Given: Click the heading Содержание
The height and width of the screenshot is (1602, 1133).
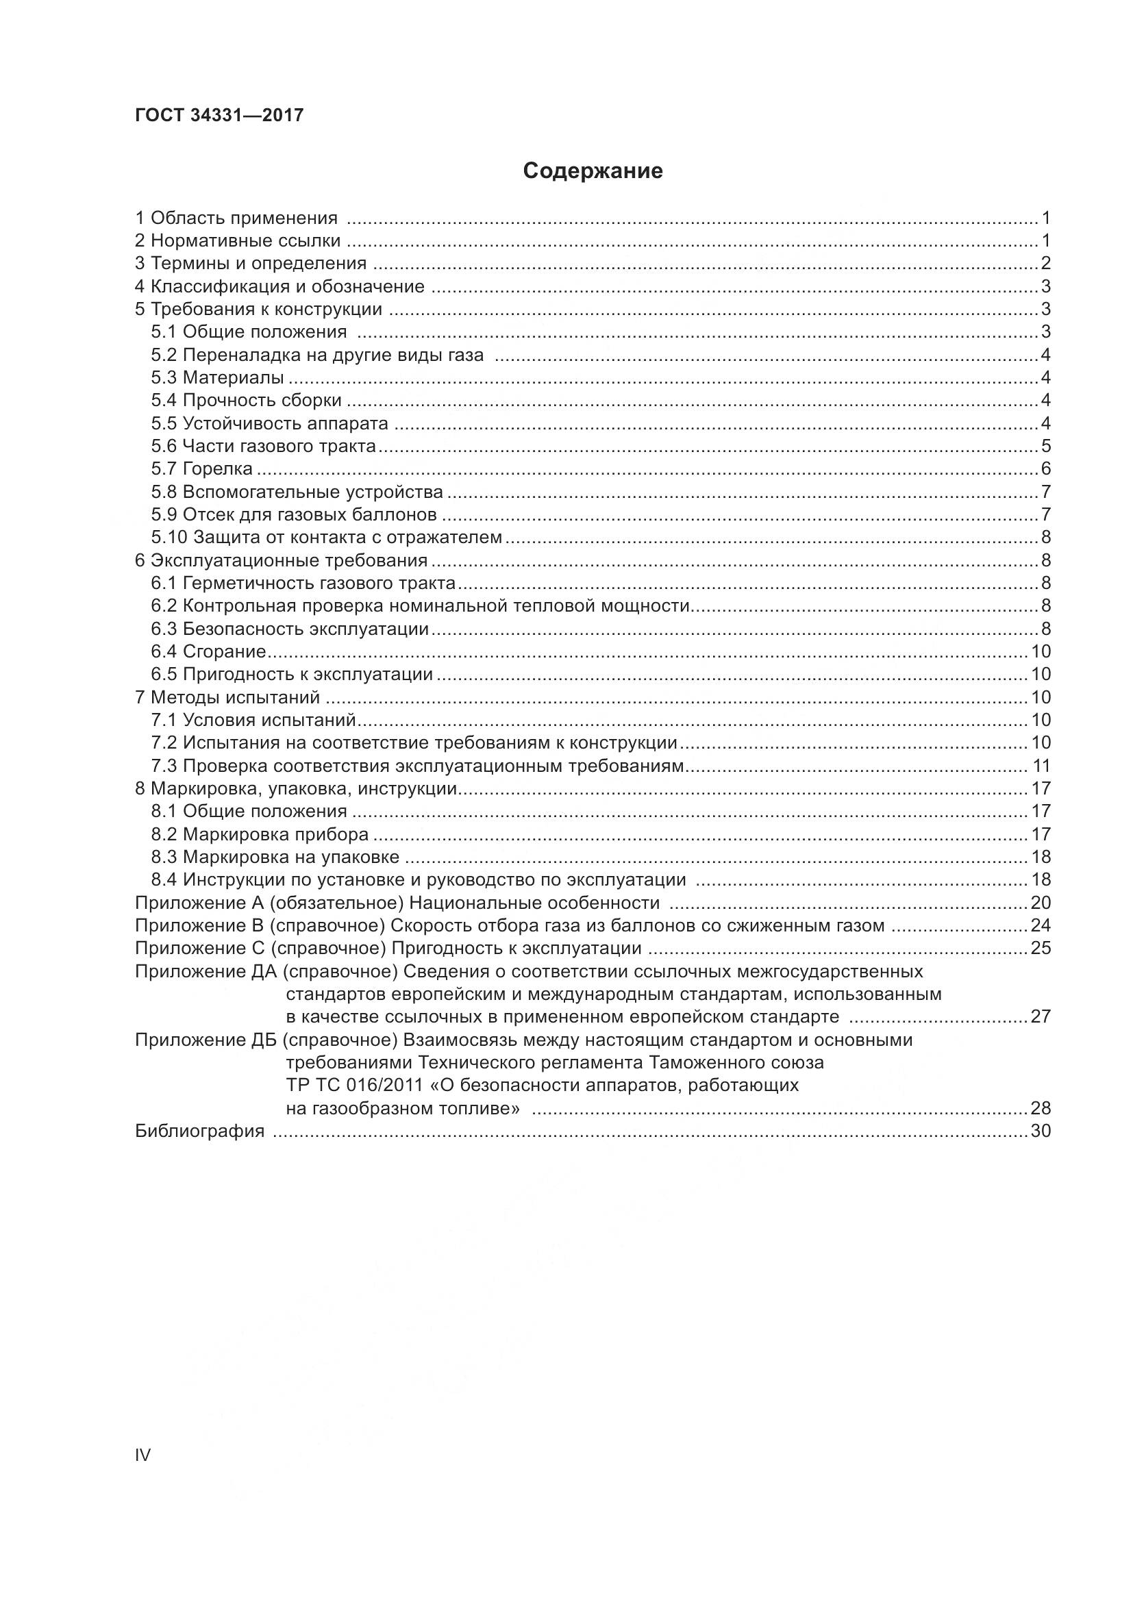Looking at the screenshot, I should pos(593,171).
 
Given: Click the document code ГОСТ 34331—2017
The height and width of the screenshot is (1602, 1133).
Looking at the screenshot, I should pos(219,115).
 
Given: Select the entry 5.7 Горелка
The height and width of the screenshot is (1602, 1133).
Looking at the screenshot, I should pos(201,469).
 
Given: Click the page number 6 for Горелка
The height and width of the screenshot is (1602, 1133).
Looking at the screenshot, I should pos(1045,469).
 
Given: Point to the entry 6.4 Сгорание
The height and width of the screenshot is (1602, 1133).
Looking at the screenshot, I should pos(209,651).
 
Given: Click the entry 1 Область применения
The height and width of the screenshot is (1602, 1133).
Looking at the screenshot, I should pos(236,218).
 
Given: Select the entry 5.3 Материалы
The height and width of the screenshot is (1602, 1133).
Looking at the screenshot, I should pos(217,377).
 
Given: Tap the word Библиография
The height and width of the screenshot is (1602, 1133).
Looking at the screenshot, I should pos(199,1131).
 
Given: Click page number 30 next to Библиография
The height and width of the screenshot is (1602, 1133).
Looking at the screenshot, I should pos(1041,1131).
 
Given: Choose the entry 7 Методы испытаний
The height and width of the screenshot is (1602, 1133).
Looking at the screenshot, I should pos(227,697).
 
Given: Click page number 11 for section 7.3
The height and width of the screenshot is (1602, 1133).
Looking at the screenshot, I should pos(1041,766).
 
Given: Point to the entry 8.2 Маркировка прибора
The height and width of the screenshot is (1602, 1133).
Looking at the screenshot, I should pos(260,834).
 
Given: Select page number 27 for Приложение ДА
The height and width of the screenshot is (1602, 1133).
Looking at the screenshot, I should pos(1041,1016).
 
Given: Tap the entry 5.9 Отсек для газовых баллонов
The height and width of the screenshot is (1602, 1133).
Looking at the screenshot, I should pos(294,515).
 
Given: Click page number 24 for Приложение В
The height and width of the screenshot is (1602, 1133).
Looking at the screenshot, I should pos(1041,926).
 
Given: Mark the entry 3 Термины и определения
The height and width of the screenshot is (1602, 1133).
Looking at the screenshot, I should pos(251,264).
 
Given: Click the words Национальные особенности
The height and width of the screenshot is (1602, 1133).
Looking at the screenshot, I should pos(534,903).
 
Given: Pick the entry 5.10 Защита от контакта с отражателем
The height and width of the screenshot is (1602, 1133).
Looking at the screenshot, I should pos(327,537).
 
